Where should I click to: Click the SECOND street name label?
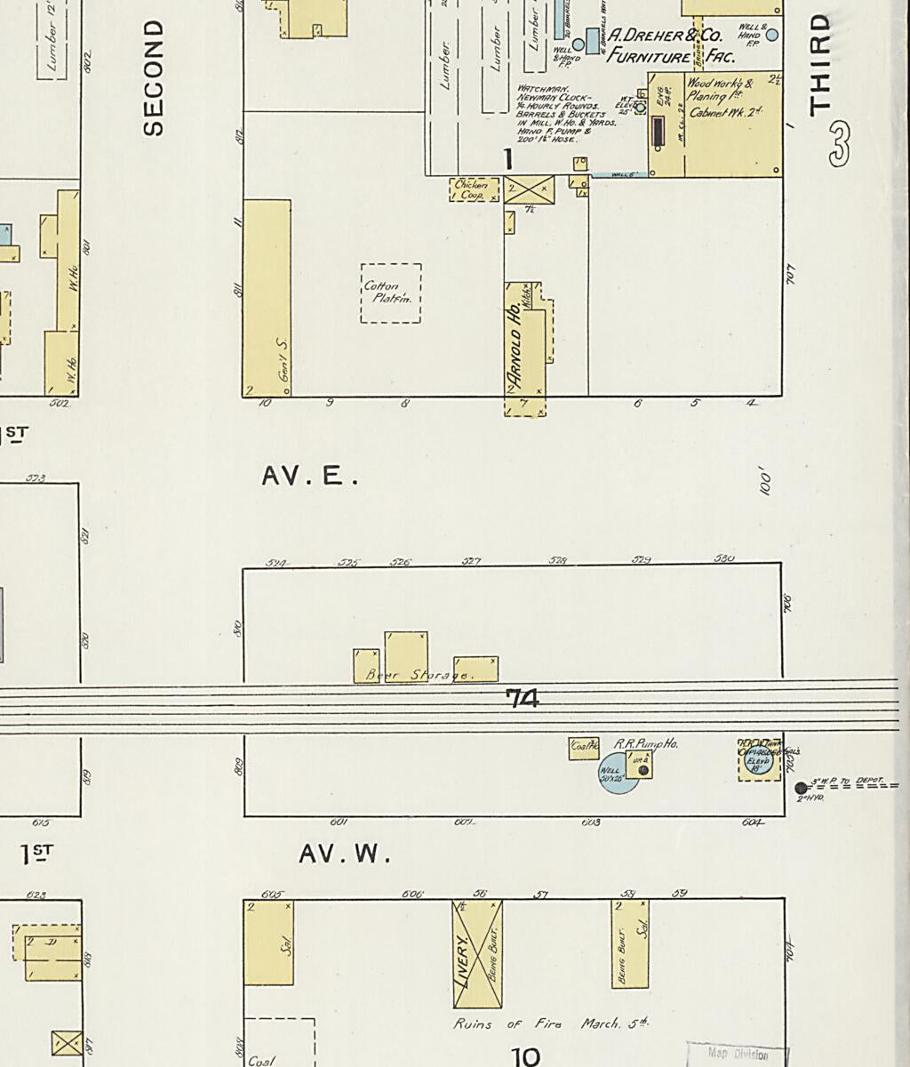click(x=154, y=78)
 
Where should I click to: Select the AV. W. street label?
click(x=345, y=854)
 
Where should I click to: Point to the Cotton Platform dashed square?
click(x=390, y=293)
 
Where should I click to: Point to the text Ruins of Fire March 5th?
click(x=550, y=1023)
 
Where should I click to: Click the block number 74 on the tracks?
click(x=522, y=700)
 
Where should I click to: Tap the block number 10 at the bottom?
click(x=526, y=1055)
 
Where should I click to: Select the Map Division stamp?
click(x=737, y=1054)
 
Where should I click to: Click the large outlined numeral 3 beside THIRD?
click(x=839, y=144)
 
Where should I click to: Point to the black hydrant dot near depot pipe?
click(x=801, y=788)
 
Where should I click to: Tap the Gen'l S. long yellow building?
click(x=267, y=298)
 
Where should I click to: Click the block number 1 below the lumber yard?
click(x=508, y=159)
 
